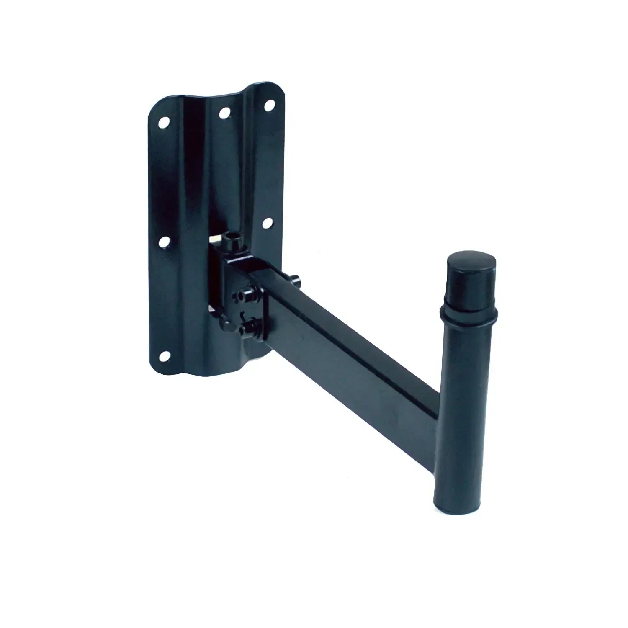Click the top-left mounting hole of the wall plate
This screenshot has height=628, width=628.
tap(164, 122)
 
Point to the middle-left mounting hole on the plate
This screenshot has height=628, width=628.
tap(165, 241)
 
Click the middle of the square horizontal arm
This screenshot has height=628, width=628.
tap(356, 347)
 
